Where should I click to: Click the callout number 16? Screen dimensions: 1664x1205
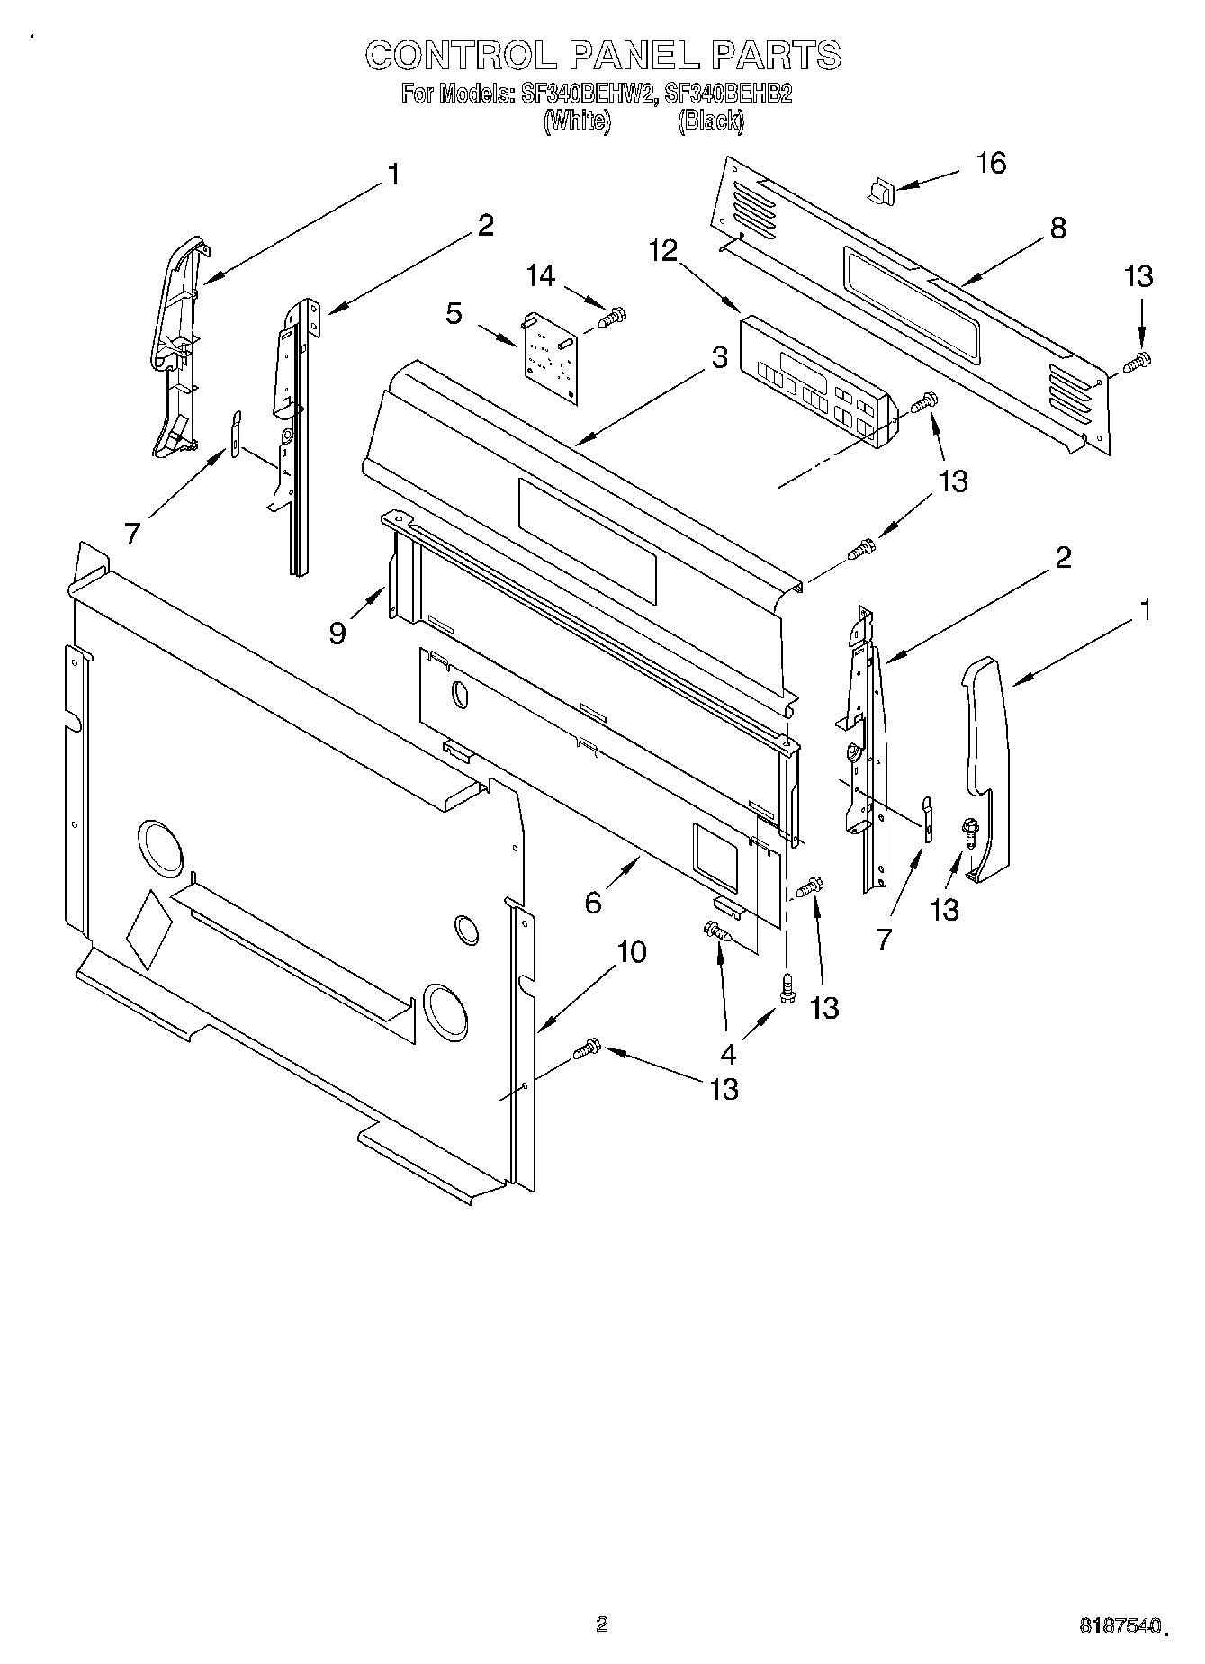[991, 164]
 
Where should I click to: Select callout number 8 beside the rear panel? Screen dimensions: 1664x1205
[1057, 229]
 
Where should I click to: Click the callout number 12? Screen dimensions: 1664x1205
[663, 251]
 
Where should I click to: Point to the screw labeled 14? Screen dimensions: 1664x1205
[614, 317]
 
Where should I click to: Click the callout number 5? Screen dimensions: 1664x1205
[454, 314]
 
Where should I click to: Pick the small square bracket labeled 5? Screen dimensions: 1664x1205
[550, 355]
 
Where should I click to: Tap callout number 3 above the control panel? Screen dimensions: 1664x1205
[718, 358]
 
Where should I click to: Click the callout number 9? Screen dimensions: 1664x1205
[337, 634]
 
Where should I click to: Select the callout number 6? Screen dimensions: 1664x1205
[593, 901]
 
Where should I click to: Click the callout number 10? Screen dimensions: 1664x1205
[632, 952]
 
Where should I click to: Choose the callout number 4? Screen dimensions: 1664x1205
[728, 1053]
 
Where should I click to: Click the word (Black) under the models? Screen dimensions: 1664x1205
[710, 121]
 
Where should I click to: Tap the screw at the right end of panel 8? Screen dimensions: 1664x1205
[1138, 361]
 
